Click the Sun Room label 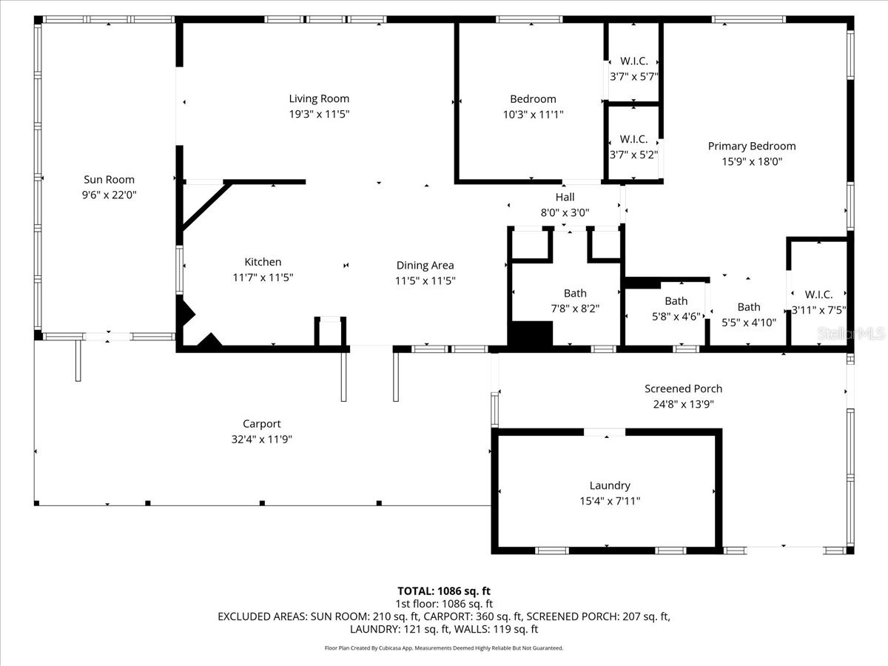[x=109, y=179]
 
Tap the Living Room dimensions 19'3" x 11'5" [x=318, y=115]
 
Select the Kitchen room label [x=263, y=262]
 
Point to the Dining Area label [x=425, y=266]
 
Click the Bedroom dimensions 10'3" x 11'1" [x=532, y=115]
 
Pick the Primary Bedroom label [x=751, y=147]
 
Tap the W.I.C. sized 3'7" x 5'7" [x=633, y=69]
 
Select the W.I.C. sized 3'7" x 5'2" [x=633, y=147]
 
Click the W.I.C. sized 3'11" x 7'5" [x=818, y=303]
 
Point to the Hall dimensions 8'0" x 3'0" [x=565, y=212]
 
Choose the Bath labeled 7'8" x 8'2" [x=575, y=301]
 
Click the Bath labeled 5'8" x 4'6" [x=676, y=309]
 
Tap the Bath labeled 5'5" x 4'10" [x=748, y=314]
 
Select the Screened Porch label [x=683, y=388]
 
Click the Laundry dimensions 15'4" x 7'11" [x=610, y=501]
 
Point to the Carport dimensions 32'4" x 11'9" [x=262, y=439]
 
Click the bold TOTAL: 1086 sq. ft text [x=444, y=591]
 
